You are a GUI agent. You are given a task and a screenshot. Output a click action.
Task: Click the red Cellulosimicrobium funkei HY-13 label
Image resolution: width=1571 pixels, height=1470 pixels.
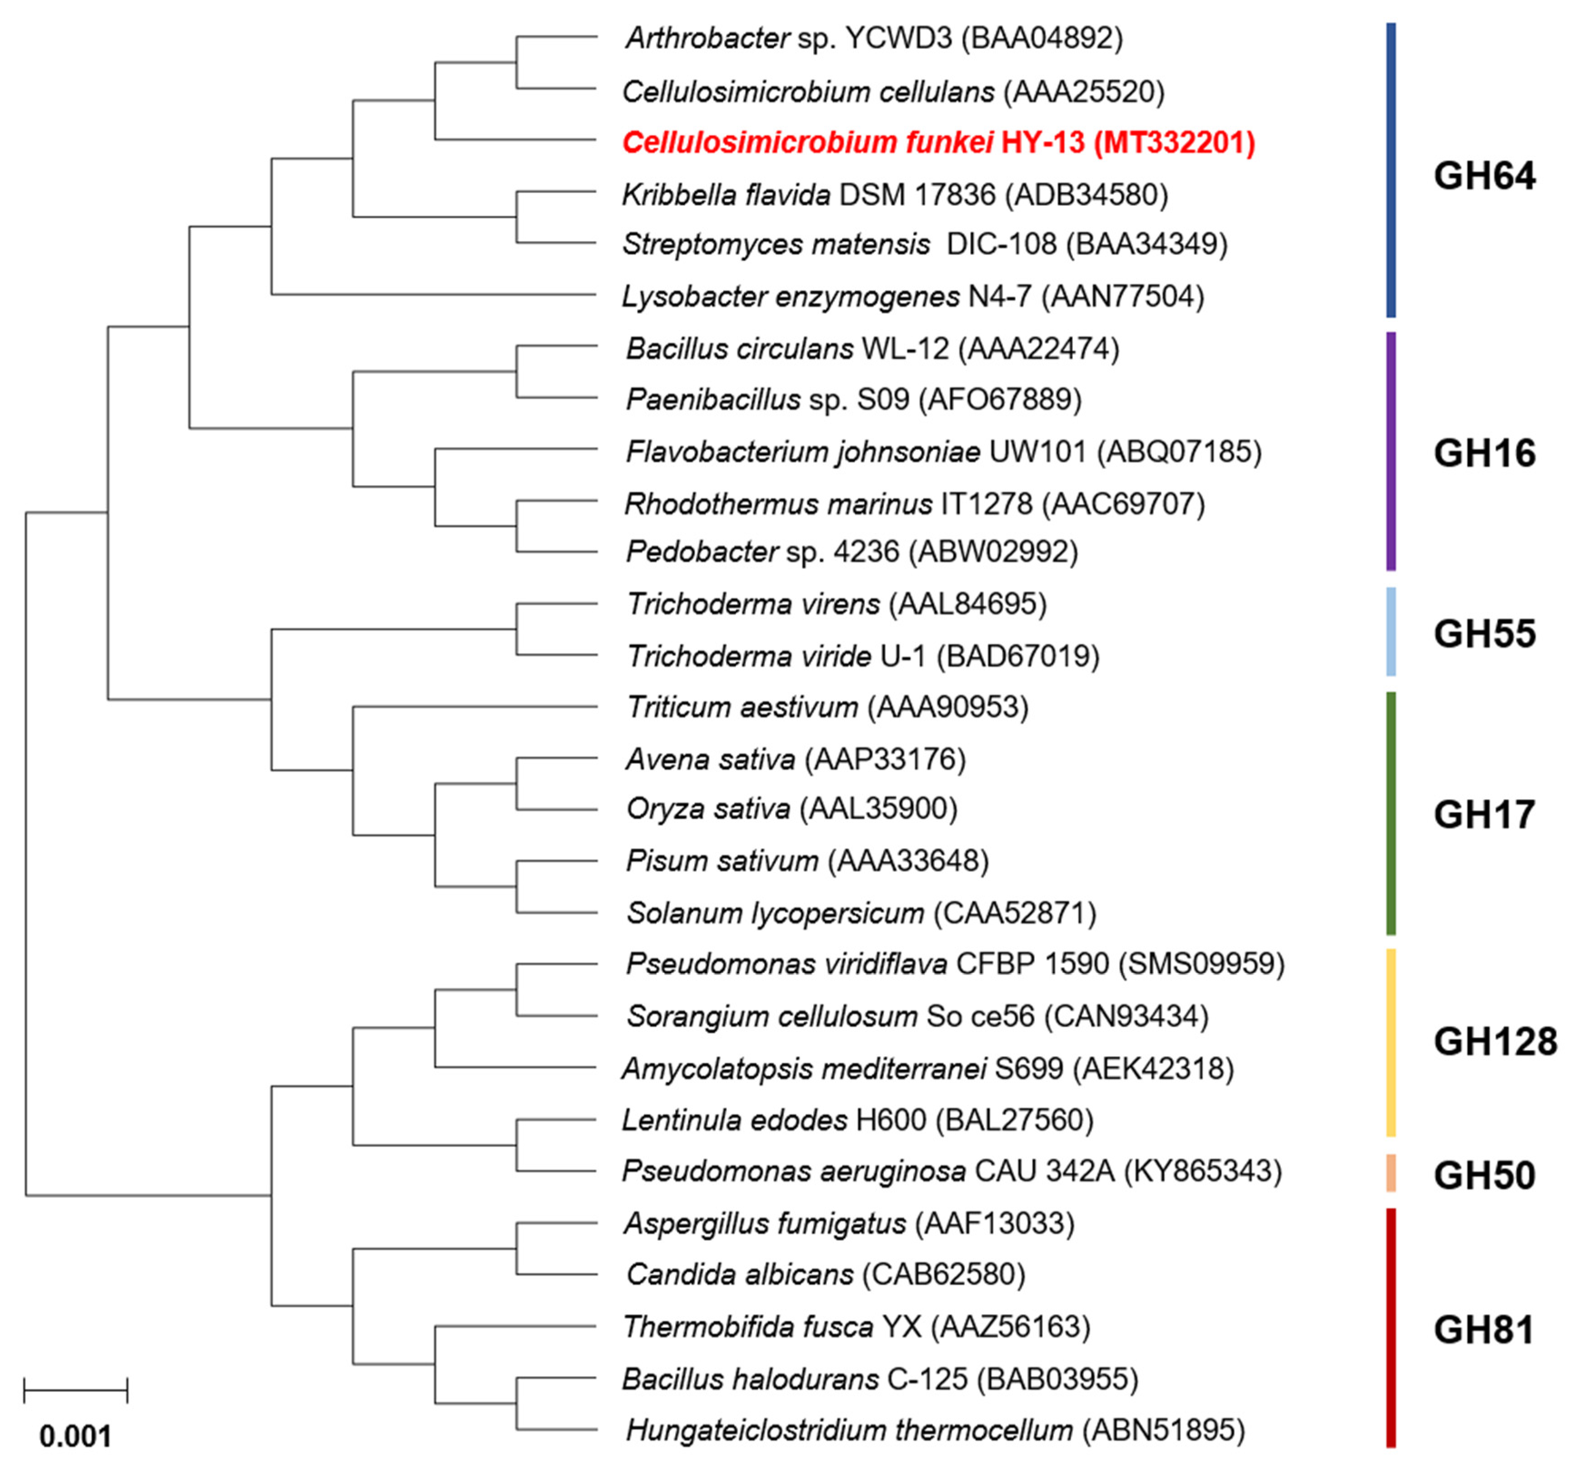(x=938, y=143)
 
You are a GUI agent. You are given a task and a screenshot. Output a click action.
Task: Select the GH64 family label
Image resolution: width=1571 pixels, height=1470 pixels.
(x=1484, y=175)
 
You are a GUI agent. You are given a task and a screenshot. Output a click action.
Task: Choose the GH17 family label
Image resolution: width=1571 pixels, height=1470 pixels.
(x=1484, y=815)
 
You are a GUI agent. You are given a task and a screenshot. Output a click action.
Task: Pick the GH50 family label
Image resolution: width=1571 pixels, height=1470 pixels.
(x=1484, y=1175)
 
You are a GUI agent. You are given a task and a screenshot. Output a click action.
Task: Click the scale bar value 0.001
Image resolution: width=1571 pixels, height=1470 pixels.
(x=76, y=1436)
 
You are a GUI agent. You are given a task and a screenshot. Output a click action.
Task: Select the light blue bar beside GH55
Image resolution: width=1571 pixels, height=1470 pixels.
(x=1391, y=632)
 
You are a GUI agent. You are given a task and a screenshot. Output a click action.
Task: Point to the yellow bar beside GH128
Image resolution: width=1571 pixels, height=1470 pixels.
(x=1391, y=1042)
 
